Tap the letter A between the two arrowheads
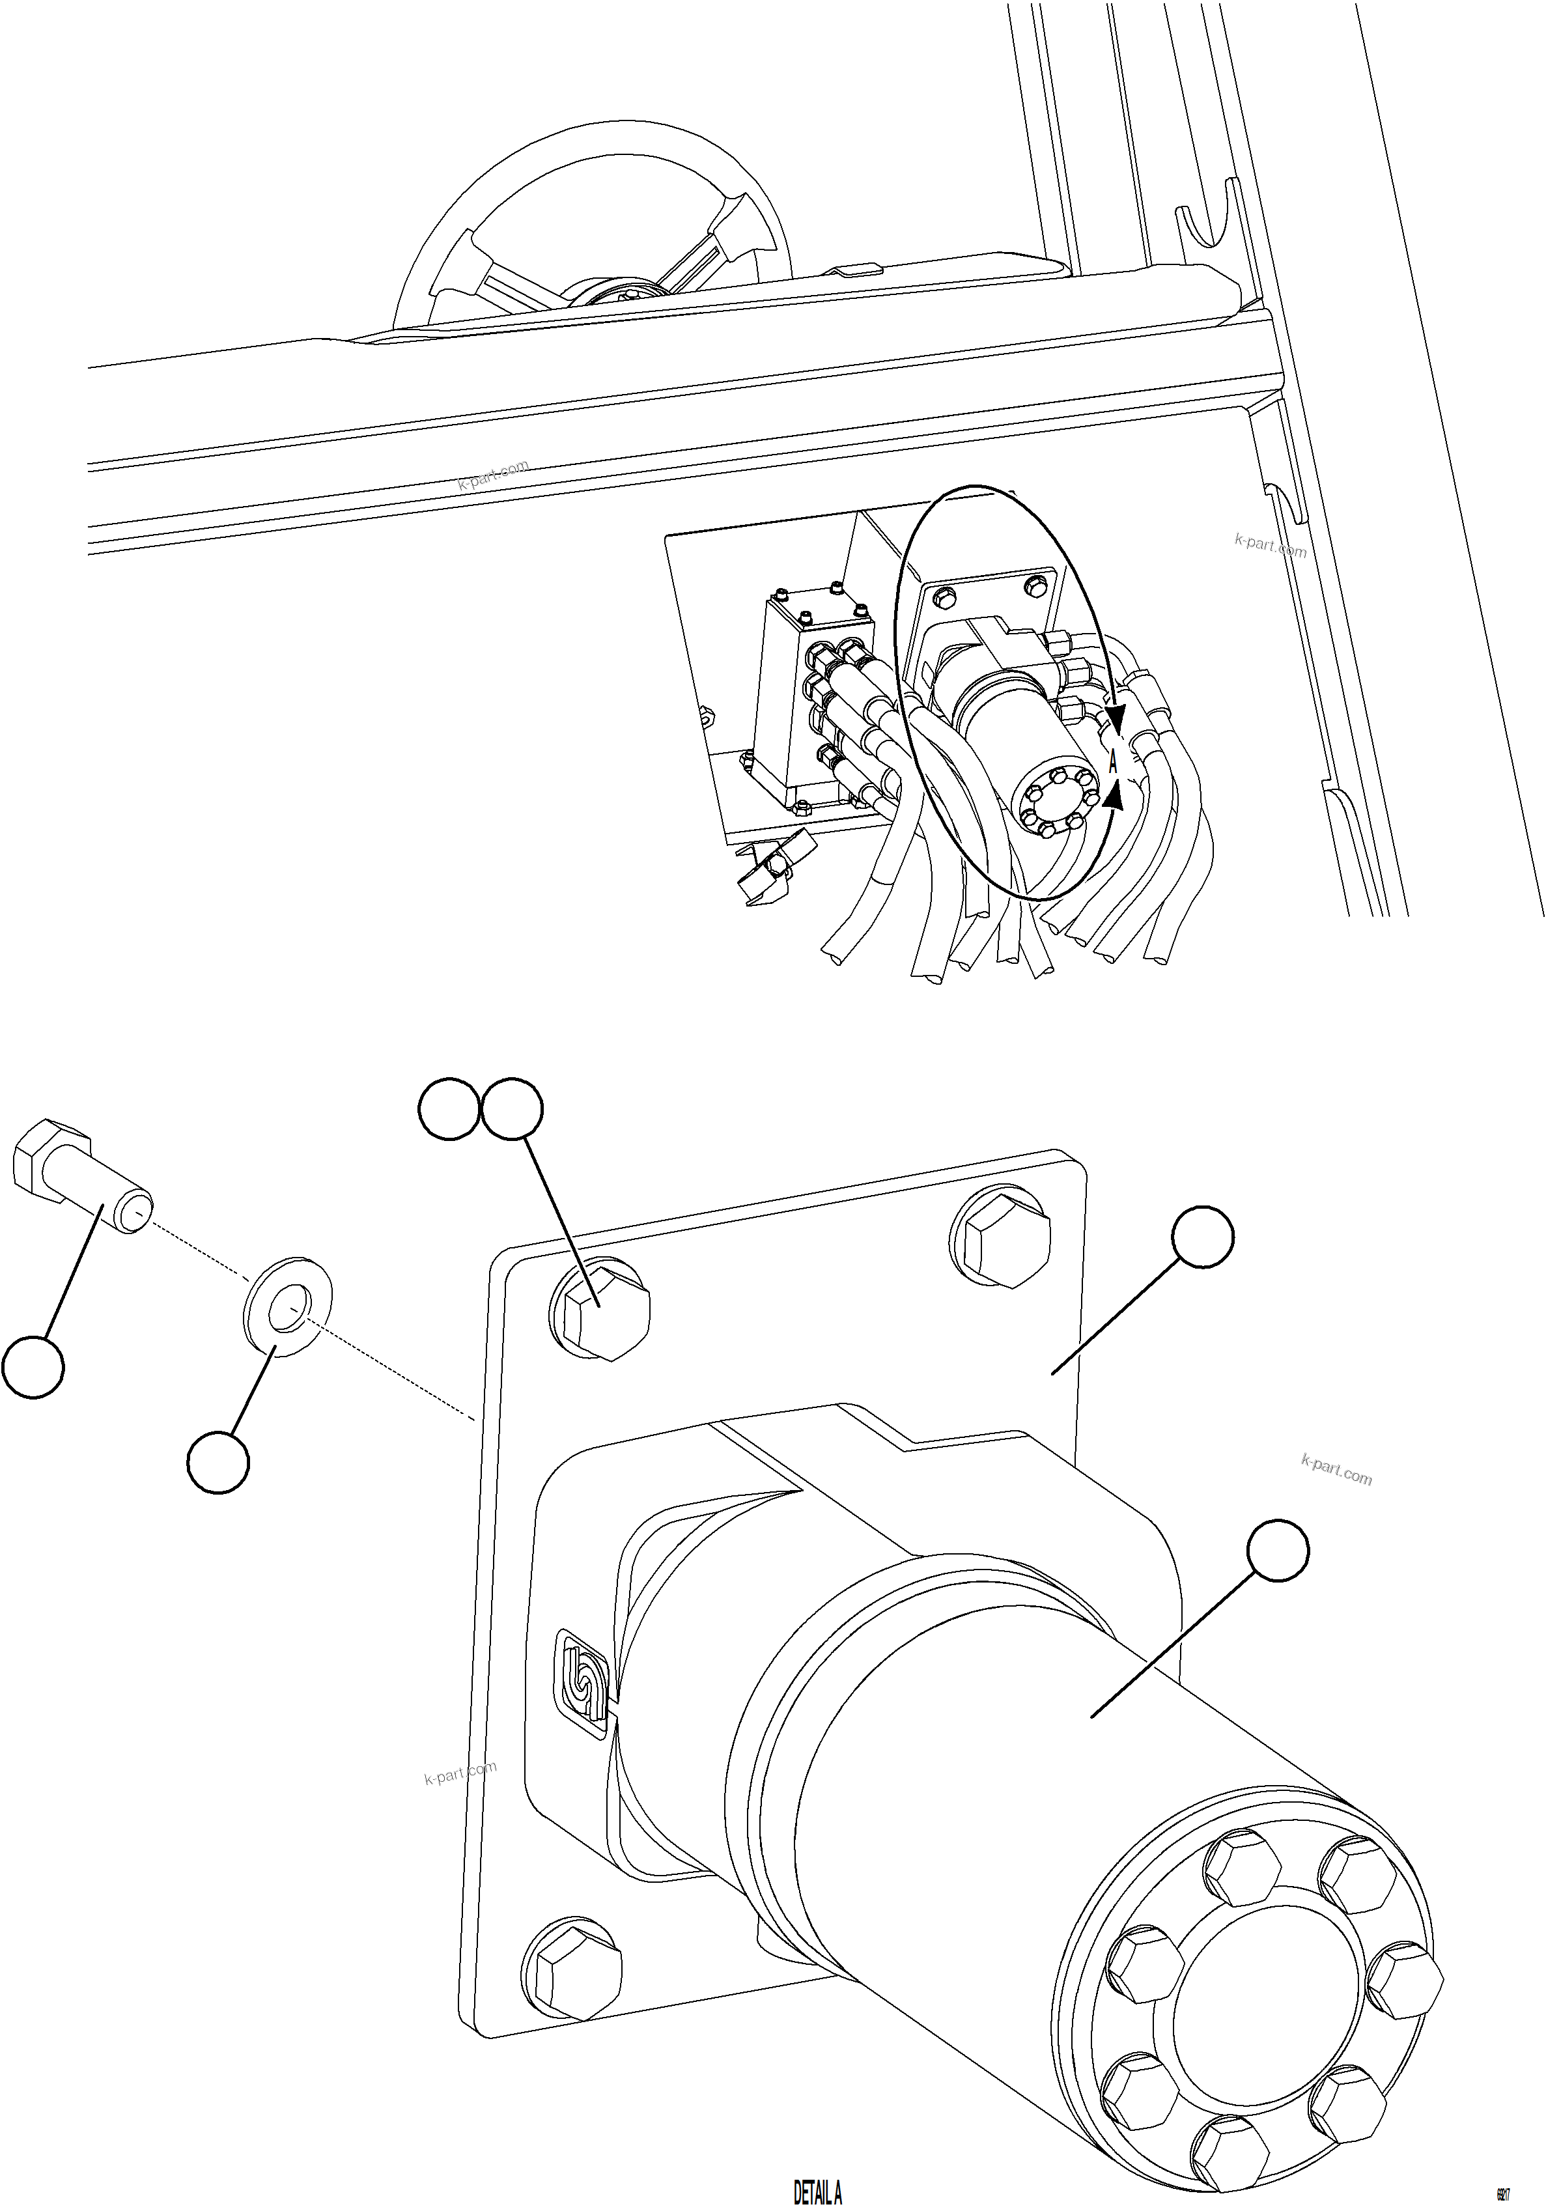(x=1113, y=763)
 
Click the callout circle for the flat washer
(x=219, y=1462)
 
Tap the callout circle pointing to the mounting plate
(x=1202, y=1237)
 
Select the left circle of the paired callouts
(x=449, y=1108)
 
